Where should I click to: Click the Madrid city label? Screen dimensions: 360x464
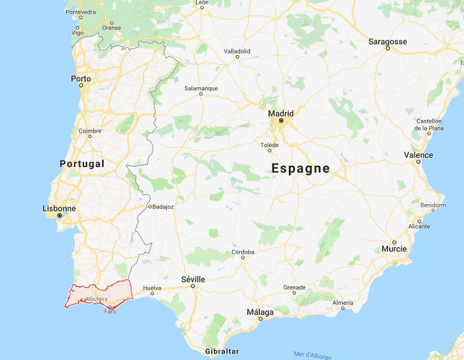pos(281,114)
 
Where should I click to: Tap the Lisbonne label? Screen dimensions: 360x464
pos(59,208)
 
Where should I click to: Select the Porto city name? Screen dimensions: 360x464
pos(81,78)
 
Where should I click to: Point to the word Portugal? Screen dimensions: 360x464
pos(82,163)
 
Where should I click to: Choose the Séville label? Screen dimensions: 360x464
pos(193,279)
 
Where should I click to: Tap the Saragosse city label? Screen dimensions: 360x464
pos(387,42)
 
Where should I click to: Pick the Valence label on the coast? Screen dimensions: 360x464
pos(418,155)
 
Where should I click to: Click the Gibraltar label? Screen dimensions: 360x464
pos(222,352)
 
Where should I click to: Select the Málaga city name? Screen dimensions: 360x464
pos(260,312)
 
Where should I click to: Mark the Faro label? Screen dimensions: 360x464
pos(110,311)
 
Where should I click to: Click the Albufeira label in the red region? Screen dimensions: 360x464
pos(96,299)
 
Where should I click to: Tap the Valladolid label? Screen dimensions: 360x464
pos(237,51)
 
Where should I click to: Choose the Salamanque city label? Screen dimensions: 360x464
pos(201,88)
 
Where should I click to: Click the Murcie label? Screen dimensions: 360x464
pos(394,249)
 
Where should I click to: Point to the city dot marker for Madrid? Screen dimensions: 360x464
pos(281,121)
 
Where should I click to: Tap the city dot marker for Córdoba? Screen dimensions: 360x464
pos(243,258)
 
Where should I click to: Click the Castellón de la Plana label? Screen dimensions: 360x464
pos(429,124)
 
